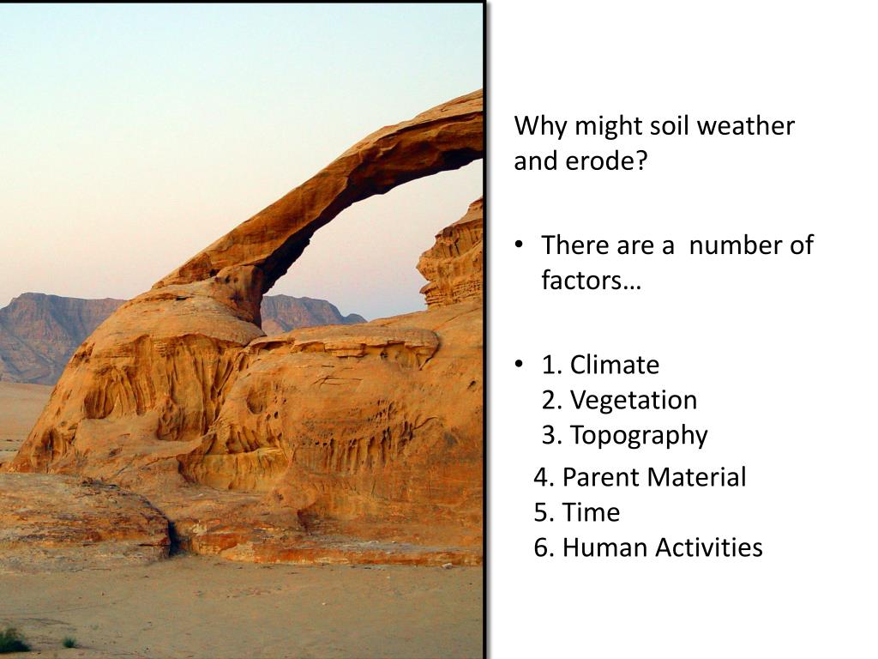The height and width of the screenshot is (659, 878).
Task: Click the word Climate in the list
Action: (x=614, y=365)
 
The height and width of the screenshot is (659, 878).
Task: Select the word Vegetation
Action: (x=634, y=401)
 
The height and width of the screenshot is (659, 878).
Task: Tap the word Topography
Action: (x=639, y=436)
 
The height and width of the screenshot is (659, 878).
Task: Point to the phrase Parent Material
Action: (x=654, y=477)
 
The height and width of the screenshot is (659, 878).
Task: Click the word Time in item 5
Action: (x=591, y=512)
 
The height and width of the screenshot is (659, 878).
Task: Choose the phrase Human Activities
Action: (x=663, y=547)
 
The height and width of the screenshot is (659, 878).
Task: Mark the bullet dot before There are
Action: (x=520, y=245)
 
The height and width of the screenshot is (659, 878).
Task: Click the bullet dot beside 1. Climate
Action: (x=520, y=364)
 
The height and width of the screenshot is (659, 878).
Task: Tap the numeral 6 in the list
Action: (x=541, y=547)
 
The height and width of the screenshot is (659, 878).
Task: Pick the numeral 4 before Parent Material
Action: (x=541, y=477)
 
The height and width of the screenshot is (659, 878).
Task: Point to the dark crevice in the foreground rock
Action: (x=174, y=538)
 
